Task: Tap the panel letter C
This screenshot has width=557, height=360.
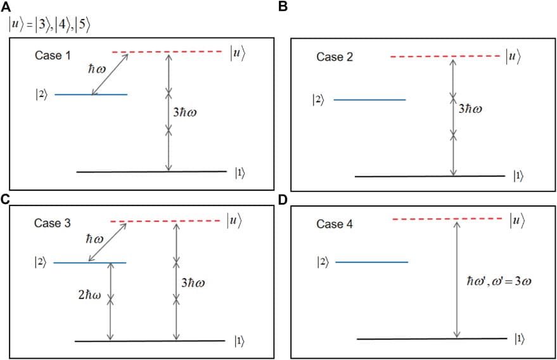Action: click(6, 199)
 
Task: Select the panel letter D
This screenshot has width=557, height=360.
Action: click(283, 199)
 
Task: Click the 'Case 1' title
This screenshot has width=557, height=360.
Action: click(53, 56)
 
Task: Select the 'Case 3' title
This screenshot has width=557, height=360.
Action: click(52, 223)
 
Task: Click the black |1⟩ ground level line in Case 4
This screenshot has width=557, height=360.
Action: click(431, 338)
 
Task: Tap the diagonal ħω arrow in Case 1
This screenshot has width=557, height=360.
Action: click(110, 74)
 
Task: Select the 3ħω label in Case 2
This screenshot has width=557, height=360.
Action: click(470, 109)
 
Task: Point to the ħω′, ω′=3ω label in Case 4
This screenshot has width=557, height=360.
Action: click(494, 280)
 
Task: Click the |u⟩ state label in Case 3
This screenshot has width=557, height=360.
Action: click(235, 220)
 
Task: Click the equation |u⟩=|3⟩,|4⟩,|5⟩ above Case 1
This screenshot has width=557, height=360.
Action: click(50, 25)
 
